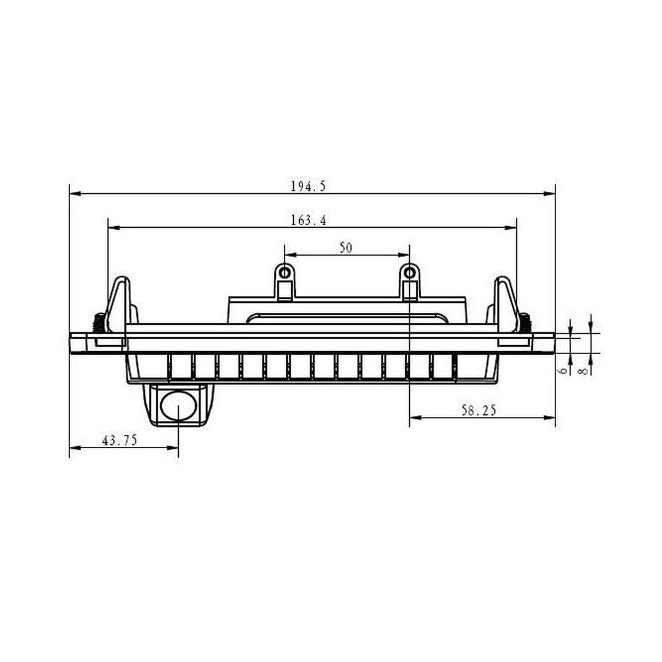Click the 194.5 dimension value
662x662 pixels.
(x=308, y=186)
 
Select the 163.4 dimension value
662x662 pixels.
(x=308, y=220)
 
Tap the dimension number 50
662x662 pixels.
(x=346, y=248)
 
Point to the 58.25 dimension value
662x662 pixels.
(x=479, y=410)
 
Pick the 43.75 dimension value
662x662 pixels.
(x=119, y=440)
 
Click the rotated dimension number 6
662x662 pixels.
(x=562, y=371)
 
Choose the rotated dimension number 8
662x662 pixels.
(x=583, y=371)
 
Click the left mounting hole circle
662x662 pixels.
(x=285, y=273)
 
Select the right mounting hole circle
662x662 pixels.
(x=410, y=273)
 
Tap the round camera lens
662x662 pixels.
(x=179, y=406)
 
